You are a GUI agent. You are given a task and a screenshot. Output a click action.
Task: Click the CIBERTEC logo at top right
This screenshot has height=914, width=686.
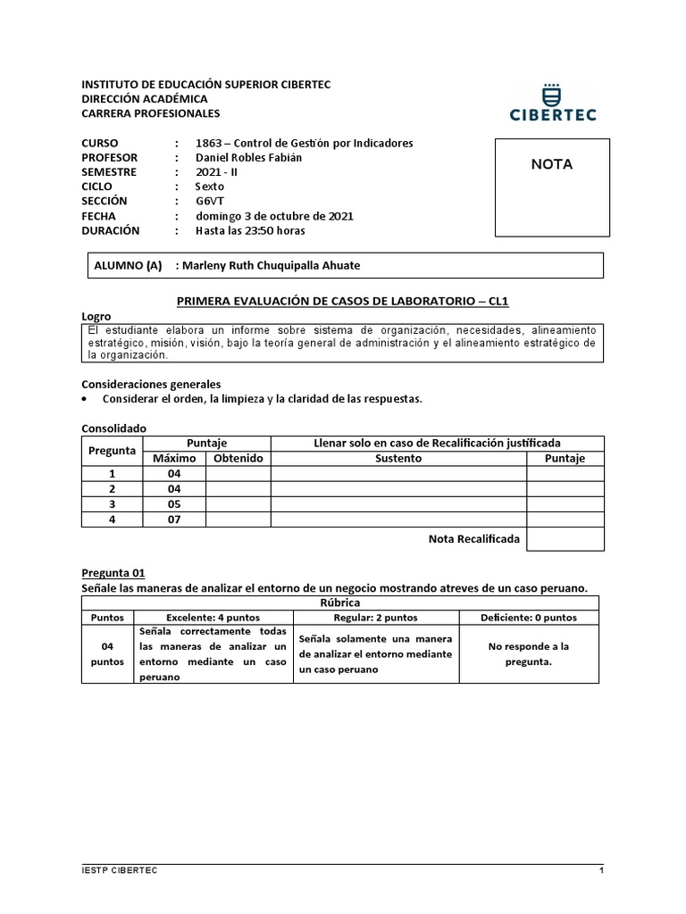pyautogui.click(x=553, y=103)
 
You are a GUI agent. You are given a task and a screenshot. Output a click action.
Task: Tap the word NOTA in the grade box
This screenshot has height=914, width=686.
pyautogui.click(x=552, y=164)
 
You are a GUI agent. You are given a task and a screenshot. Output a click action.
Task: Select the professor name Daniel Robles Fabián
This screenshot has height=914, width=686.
pyautogui.click(x=237, y=158)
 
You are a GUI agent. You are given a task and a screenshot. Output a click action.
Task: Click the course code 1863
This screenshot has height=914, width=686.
pyautogui.click(x=208, y=144)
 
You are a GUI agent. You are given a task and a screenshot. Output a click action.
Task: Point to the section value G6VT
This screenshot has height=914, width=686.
pyautogui.click(x=211, y=201)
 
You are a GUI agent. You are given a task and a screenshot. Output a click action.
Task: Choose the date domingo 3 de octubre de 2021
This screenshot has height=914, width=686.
pyautogui.click(x=274, y=216)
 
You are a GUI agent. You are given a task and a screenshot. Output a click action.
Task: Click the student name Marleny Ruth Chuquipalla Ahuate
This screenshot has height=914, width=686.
pyautogui.click(x=272, y=265)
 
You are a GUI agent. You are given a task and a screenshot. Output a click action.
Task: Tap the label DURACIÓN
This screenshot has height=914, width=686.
pyautogui.click(x=111, y=230)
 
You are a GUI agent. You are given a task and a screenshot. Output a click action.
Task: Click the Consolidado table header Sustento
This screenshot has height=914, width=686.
pyautogui.click(x=398, y=458)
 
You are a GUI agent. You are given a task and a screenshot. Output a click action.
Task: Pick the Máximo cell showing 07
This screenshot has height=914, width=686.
pyautogui.click(x=174, y=519)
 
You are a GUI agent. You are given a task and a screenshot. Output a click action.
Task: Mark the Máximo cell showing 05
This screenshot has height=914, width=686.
pyautogui.click(x=174, y=504)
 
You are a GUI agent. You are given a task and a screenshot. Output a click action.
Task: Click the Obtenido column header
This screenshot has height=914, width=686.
pyautogui.click(x=238, y=458)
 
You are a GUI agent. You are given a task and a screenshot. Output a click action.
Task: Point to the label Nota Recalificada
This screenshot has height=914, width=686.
pyautogui.click(x=473, y=538)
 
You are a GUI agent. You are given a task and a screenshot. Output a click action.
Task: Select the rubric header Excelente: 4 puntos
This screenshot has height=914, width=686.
pyautogui.click(x=214, y=617)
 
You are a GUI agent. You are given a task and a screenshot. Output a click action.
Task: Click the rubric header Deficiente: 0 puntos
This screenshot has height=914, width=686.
pyautogui.click(x=529, y=617)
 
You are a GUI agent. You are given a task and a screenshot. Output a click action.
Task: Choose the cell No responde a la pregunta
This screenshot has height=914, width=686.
pyautogui.click(x=529, y=654)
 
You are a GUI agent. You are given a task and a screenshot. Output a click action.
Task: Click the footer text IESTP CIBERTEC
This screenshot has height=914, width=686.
pyautogui.click(x=119, y=870)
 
